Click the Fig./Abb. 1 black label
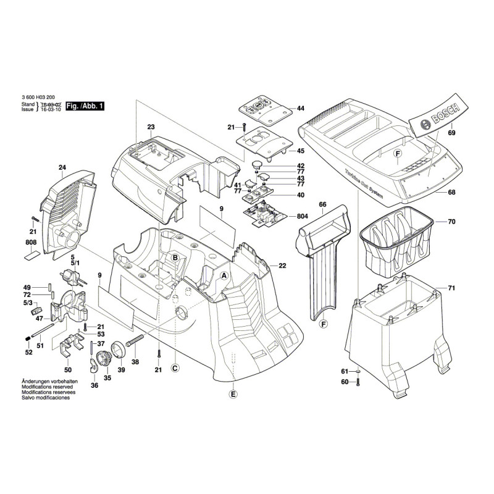85,106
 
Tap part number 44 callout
300,109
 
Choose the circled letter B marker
175,257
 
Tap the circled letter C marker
175,369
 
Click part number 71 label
451,288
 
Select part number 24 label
62,167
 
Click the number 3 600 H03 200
38,98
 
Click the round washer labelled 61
358,371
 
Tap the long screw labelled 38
135,339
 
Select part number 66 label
322,204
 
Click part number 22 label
282,266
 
